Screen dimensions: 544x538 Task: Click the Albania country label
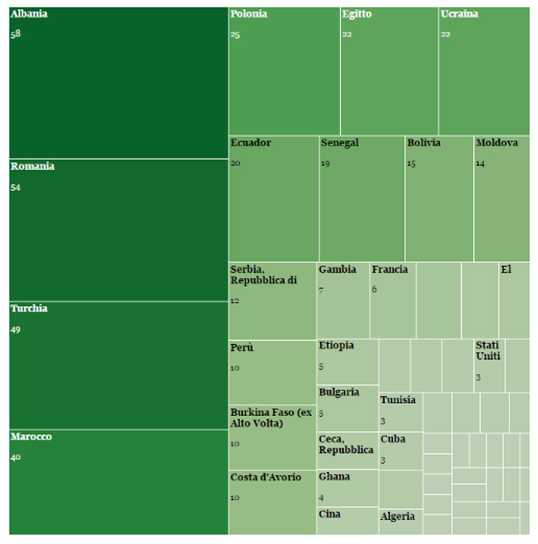click(29, 14)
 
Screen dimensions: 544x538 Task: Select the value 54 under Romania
click(16, 188)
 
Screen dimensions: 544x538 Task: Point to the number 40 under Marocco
click(16, 458)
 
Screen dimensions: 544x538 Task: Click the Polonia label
click(248, 14)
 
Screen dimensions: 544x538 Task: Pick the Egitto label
click(357, 14)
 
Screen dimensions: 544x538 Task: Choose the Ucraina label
click(459, 14)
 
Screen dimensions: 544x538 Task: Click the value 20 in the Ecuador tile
click(235, 163)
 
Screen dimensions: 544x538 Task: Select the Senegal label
click(339, 143)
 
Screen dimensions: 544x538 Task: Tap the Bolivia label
click(424, 143)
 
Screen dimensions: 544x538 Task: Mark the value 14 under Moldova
click(480, 163)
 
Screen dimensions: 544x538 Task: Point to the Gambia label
click(337, 269)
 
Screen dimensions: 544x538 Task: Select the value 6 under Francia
click(374, 290)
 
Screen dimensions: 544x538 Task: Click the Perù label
click(241, 348)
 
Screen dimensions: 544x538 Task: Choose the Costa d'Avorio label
click(265, 477)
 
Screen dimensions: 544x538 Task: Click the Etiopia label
click(336, 345)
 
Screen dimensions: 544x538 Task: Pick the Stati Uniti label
click(488, 350)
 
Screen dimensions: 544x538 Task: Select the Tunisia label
click(398, 400)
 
